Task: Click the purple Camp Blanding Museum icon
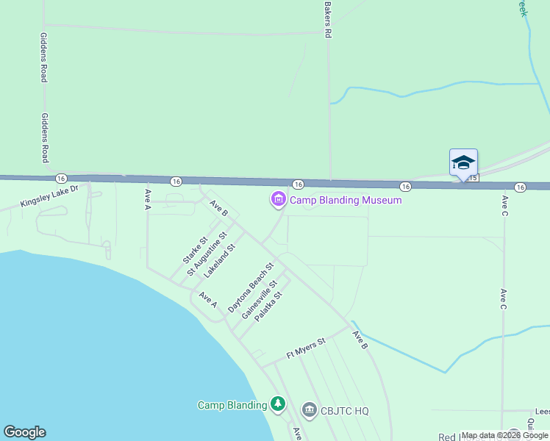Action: [278, 199]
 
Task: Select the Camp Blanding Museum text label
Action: [346, 200]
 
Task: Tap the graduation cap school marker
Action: [463, 162]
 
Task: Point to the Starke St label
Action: [193, 250]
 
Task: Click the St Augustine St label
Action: [204, 254]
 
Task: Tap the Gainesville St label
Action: [260, 300]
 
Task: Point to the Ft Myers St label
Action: [305, 348]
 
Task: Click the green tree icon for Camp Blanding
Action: [277, 404]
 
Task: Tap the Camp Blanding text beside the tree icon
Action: [232, 405]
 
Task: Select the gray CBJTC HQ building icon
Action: [309, 409]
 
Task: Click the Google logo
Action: [24, 432]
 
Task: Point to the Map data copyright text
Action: [504, 435]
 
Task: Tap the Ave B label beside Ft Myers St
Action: [359, 340]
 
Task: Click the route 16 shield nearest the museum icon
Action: [298, 184]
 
